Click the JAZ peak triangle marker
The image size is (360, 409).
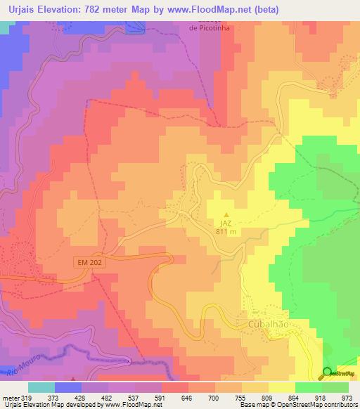226,215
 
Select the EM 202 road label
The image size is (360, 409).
88,262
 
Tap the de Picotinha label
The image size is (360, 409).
210,28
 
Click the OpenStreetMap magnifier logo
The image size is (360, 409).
328,372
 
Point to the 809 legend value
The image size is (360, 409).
268,398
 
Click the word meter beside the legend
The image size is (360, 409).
10,398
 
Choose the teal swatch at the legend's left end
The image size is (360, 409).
41,387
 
